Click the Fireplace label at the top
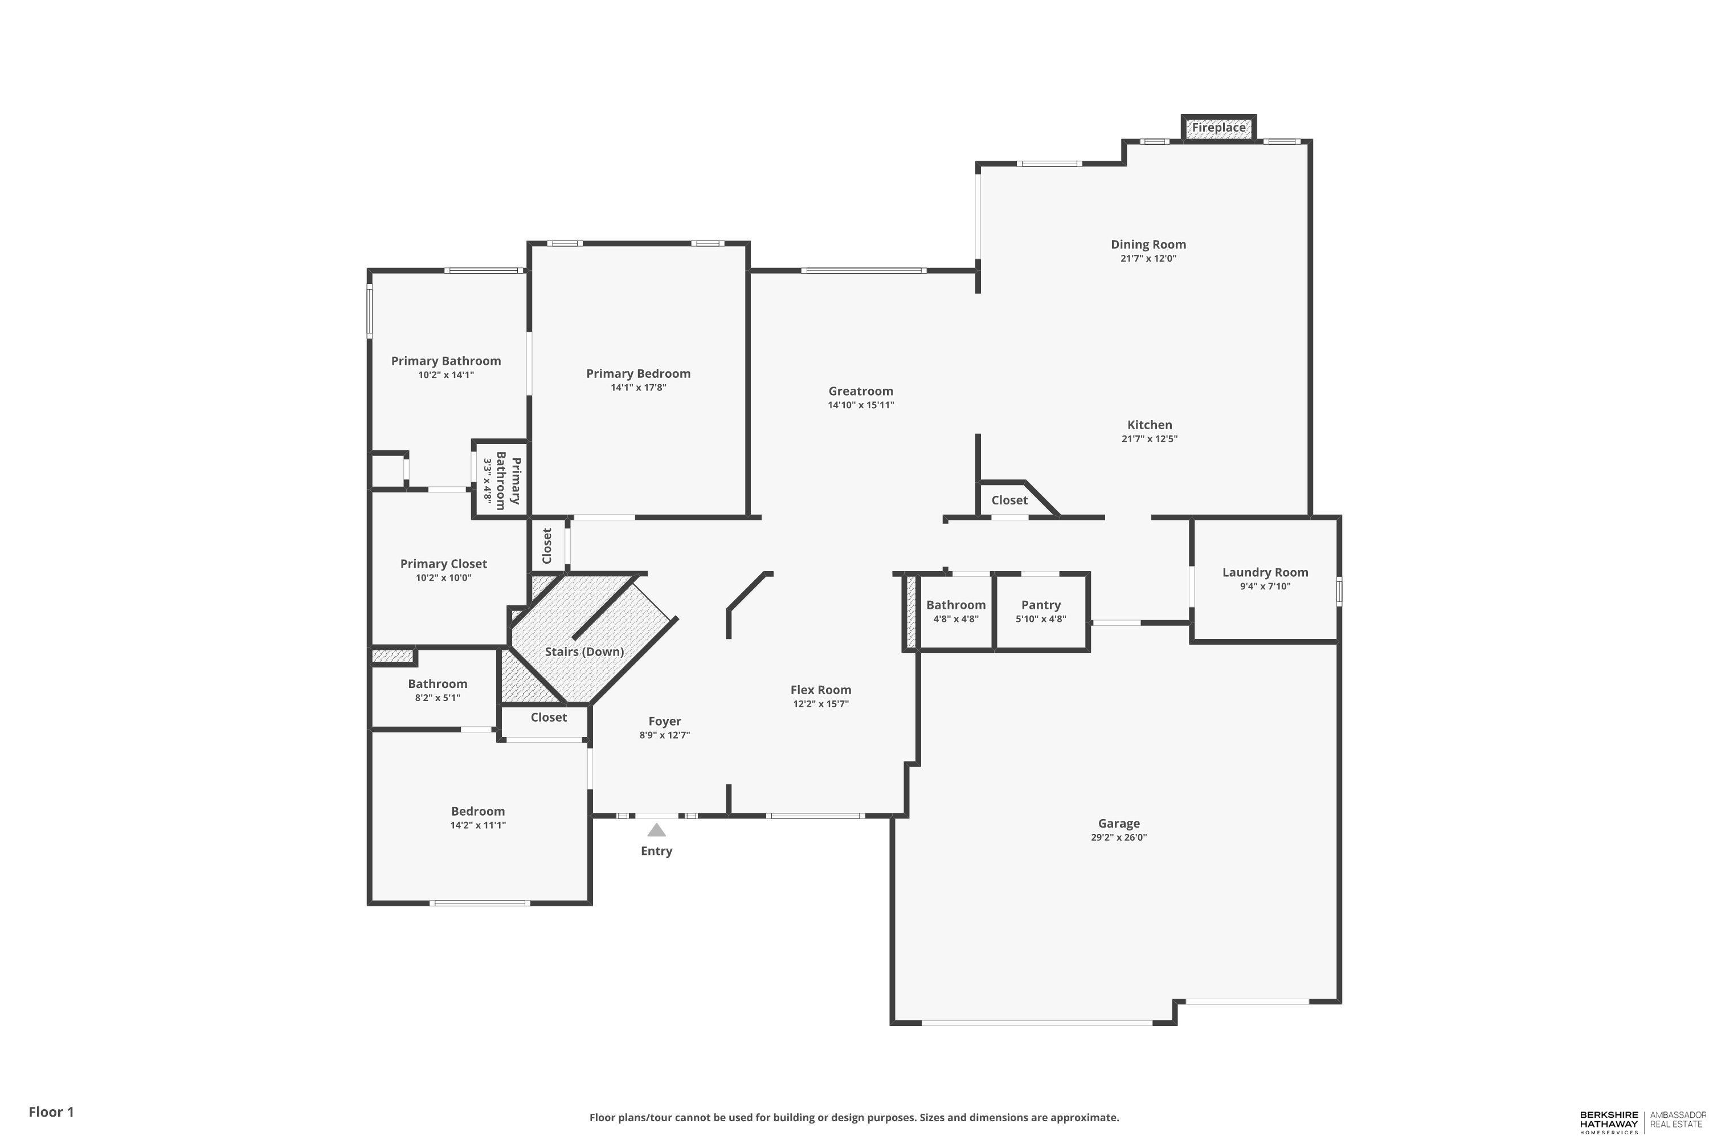(1219, 128)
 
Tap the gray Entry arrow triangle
(656, 830)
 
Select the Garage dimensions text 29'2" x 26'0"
(1118, 837)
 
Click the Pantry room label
(1041, 605)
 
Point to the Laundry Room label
(1265, 572)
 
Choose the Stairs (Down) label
(584, 652)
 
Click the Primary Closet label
(443, 564)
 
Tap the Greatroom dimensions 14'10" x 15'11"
(860, 405)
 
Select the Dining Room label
(1148, 245)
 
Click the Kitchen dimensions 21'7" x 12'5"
(1149, 438)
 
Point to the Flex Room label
(820, 690)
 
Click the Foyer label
(664, 721)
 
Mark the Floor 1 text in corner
(51, 1111)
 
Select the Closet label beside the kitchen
(1009, 500)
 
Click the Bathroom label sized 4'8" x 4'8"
(955, 605)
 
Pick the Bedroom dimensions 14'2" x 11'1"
(477, 825)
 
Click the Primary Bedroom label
(638, 374)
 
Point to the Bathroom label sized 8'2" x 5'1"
(438, 683)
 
